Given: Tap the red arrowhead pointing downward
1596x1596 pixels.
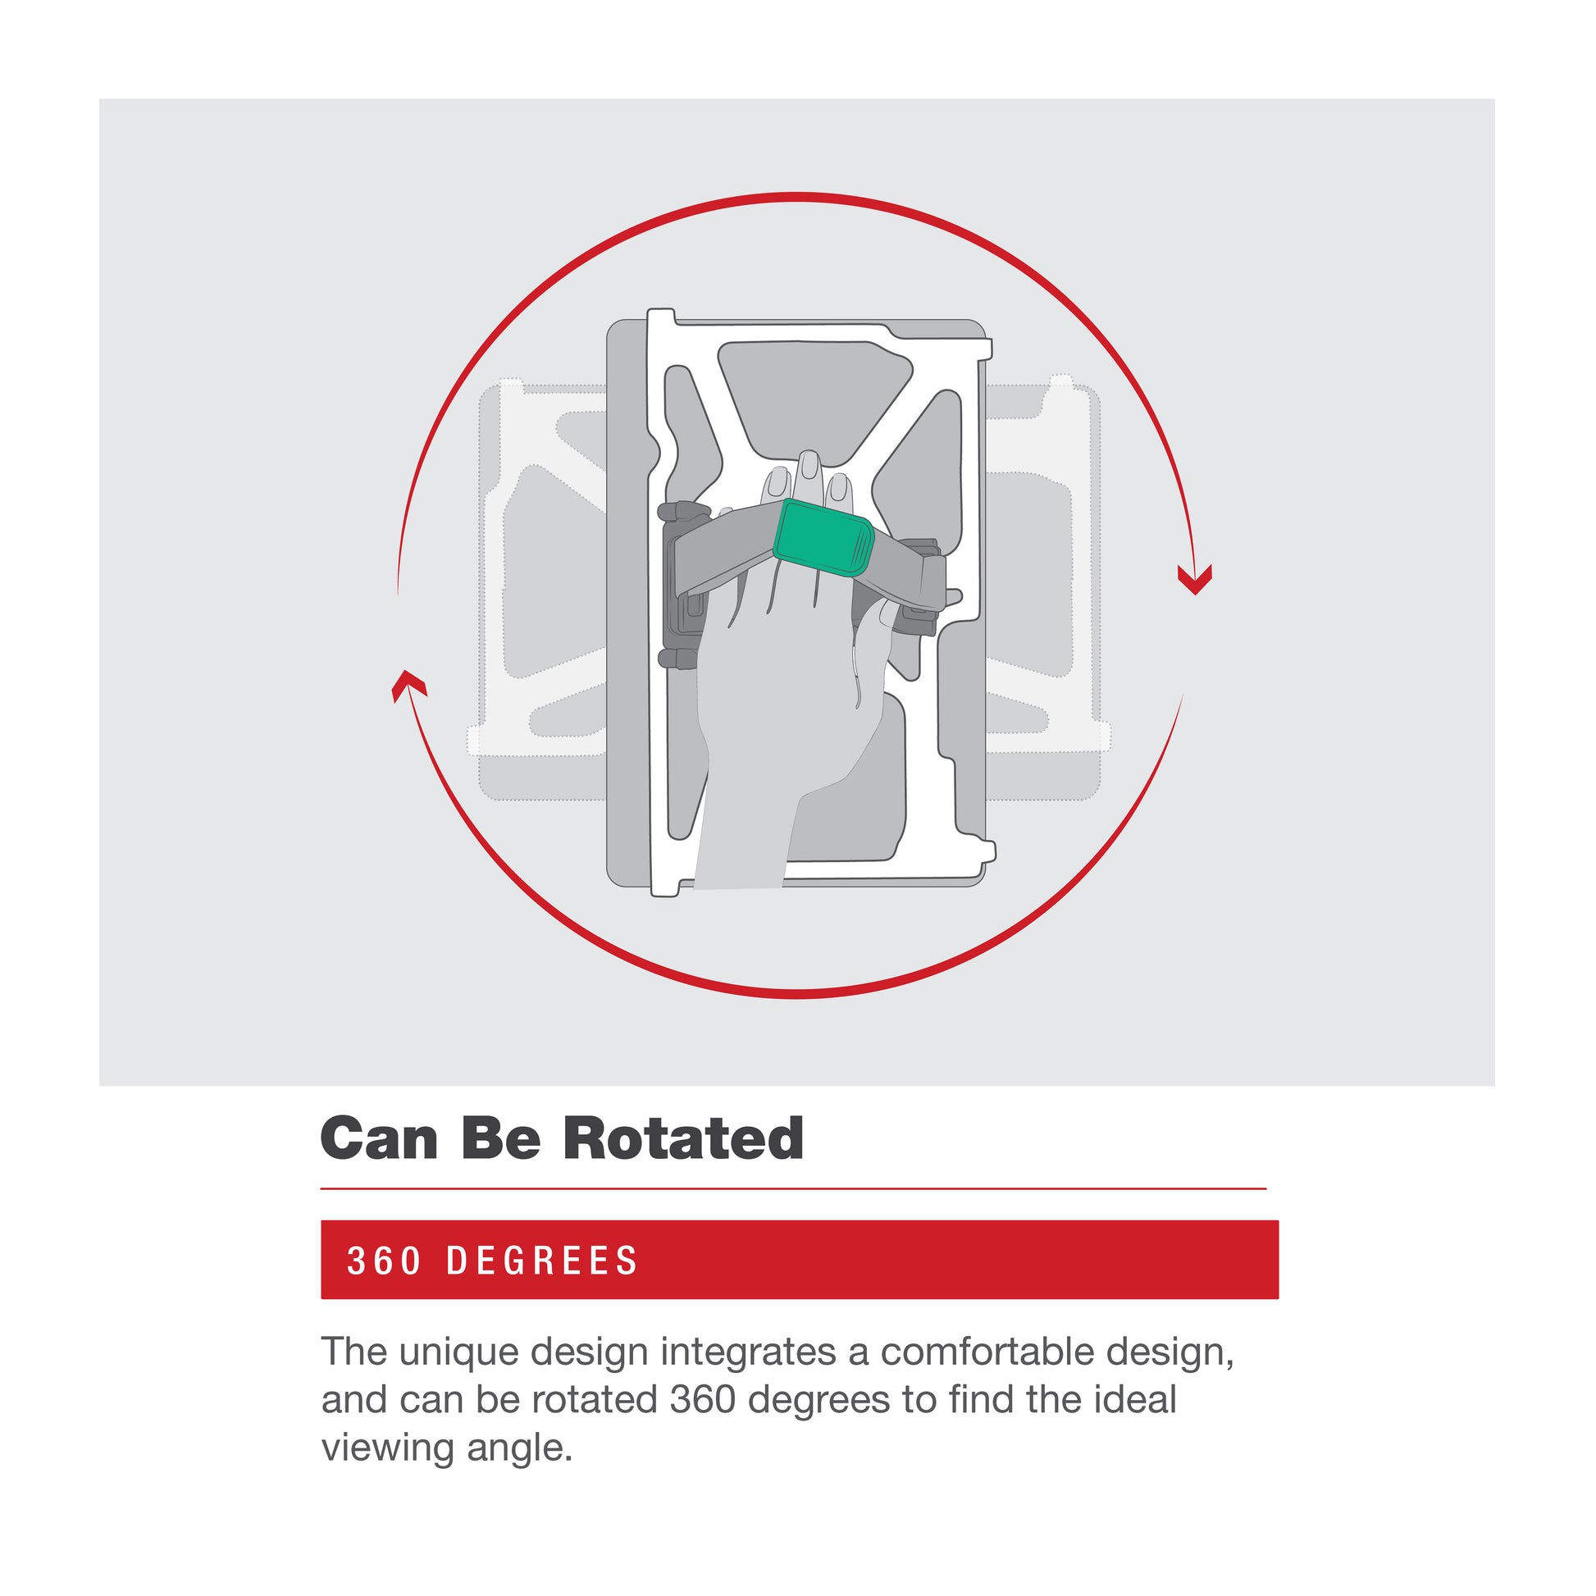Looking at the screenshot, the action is pyautogui.click(x=1194, y=579).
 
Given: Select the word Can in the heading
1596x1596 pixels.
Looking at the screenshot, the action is pyautogui.click(x=379, y=1139).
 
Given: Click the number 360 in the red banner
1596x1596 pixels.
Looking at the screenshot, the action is pyautogui.click(x=385, y=1261).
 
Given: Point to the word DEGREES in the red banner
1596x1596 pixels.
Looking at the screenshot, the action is pyautogui.click(x=542, y=1261).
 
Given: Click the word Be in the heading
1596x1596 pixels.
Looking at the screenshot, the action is pyautogui.click(x=500, y=1139).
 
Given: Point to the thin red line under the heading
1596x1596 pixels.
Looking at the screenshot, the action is pyautogui.click(x=793, y=1188).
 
